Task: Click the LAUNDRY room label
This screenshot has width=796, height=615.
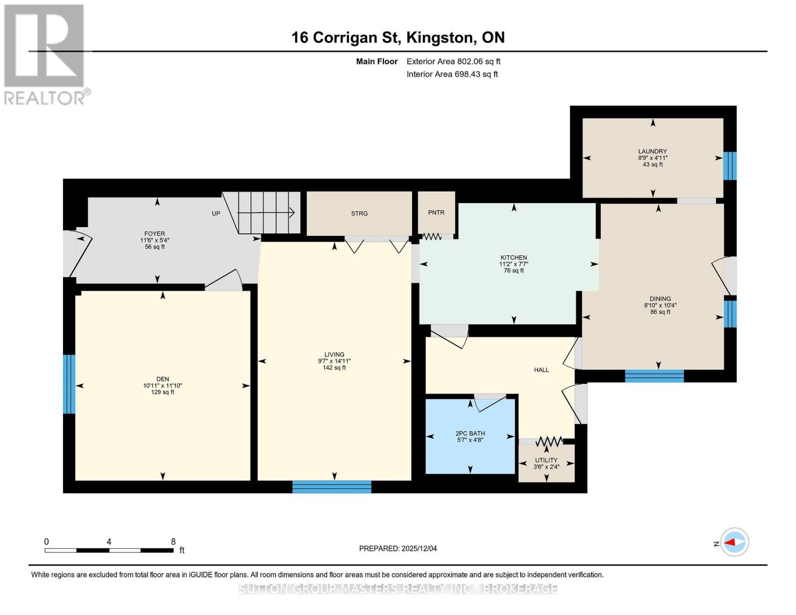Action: pos(652,151)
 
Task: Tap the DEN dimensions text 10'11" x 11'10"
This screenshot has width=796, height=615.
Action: pos(162,386)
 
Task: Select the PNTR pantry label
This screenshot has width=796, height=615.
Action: pos(436,213)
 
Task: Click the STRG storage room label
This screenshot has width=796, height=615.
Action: pos(359,214)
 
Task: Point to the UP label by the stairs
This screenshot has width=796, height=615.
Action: pos(216,213)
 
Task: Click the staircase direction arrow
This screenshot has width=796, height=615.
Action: pos(267,212)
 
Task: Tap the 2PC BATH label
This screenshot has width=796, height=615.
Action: pos(470,433)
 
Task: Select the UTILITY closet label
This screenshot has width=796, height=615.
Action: pos(546,460)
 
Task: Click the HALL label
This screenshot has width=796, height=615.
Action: pos(541,370)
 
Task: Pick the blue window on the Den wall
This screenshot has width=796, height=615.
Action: pos(69,384)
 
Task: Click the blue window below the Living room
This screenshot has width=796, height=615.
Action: pos(332,487)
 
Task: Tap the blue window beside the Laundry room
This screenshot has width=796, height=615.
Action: pos(729,166)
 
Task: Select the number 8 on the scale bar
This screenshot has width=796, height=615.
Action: pos(173,542)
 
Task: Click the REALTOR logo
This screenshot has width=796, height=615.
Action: pos(45,54)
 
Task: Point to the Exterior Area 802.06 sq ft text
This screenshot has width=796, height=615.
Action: pos(453,61)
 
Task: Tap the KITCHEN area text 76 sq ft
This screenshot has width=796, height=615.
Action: pos(514,271)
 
